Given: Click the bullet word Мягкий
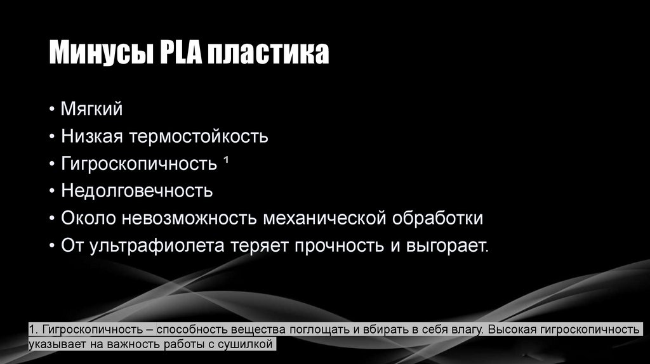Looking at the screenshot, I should pos(92,108).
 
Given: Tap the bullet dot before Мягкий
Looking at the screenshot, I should pos(51,109).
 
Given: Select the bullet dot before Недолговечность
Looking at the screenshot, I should pos(51,191).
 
